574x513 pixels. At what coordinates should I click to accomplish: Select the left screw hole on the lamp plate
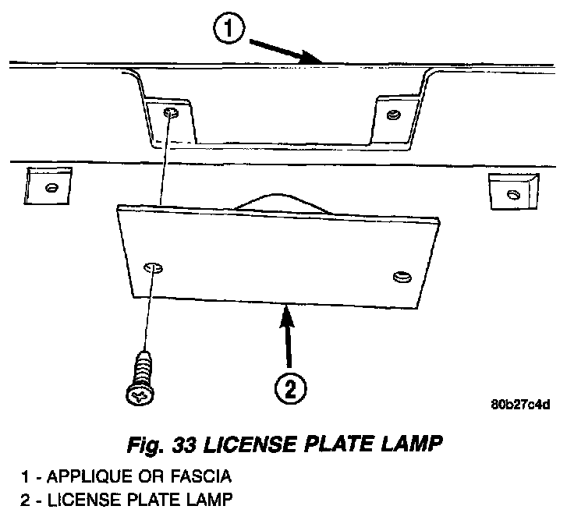(154, 268)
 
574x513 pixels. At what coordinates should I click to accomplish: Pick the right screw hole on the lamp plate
(402, 276)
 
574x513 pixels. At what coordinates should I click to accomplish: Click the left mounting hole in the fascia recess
(170, 113)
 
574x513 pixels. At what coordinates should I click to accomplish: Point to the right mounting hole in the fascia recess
(393, 115)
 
